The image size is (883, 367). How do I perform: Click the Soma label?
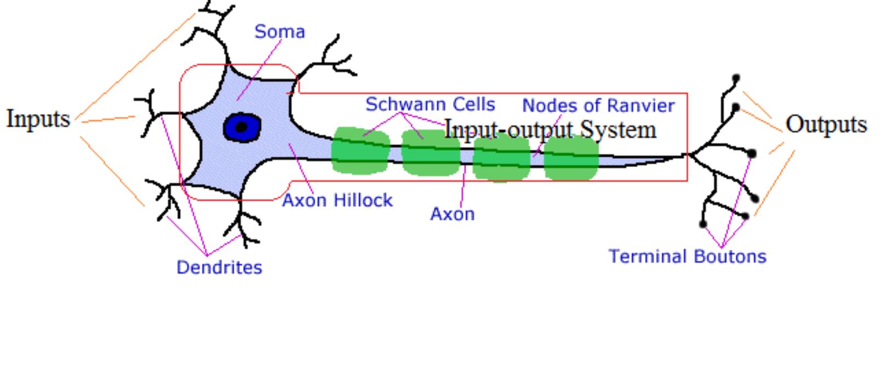(x=279, y=32)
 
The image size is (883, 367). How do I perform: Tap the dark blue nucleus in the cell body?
(x=242, y=128)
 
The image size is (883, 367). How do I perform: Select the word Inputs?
(x=38, y=118)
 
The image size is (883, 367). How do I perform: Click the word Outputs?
(x=826, y=124)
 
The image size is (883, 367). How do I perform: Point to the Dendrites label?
(x=219, y=267)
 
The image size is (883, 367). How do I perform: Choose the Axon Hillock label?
(x=337, y=200)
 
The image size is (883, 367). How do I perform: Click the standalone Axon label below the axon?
(x=452, y=214)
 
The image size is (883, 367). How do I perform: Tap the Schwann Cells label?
(x=430, y=104)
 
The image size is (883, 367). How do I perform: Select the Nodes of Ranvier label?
(x=598, y=105)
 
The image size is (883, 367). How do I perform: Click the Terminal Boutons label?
(x=687, y=256)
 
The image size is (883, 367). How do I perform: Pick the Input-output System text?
(x=550, y=130)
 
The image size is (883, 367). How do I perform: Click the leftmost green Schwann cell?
(x=360, y=151)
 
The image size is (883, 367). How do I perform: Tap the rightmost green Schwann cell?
(x=571, y=158)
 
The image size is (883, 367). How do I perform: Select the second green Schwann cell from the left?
(x=431, y=153)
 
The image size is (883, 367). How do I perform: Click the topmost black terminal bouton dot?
(x=736, y=79)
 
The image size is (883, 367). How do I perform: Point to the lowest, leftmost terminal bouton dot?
(x=703, y=223)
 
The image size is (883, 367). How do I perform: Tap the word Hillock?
(x=364, y=200)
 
